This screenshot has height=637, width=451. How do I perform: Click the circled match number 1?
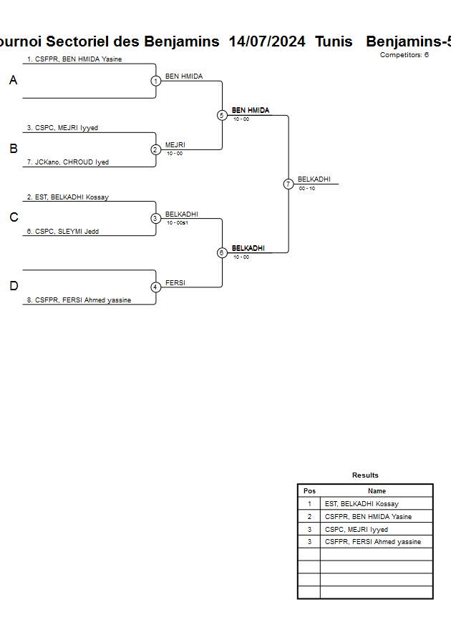click(155, 81)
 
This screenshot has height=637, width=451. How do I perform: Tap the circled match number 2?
click(155, 150)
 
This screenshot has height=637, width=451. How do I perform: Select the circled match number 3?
click(155, 219)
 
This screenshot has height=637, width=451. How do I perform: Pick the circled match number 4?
click(155, 287)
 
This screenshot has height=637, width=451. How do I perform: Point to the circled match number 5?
click(222, 115)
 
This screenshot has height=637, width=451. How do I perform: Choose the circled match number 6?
click(222, 253)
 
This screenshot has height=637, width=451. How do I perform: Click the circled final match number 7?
click(288, 184)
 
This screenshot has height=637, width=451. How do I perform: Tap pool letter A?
click(13, 81)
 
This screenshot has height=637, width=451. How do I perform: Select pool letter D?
click(13, 287)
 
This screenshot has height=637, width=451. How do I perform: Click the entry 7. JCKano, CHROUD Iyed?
click(68, 162)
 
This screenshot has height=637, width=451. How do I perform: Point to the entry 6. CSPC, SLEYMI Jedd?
click(63, 231)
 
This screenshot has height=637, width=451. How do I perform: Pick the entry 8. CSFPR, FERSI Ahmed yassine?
click(79, 300)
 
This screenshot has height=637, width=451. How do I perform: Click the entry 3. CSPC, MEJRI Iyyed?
click(62, 128)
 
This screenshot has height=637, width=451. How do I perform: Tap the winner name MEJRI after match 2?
click(175, 145)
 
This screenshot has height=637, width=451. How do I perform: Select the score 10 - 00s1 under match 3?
click(177, 223)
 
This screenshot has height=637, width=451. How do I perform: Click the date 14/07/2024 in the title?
click(267, 41)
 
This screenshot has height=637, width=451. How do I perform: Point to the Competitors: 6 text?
click(404, 55)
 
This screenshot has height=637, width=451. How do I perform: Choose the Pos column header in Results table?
click(309, 491)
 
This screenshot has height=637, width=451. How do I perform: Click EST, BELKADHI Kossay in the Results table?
click(362, 504)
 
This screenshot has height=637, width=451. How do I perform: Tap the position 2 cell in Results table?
click(309, 517)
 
